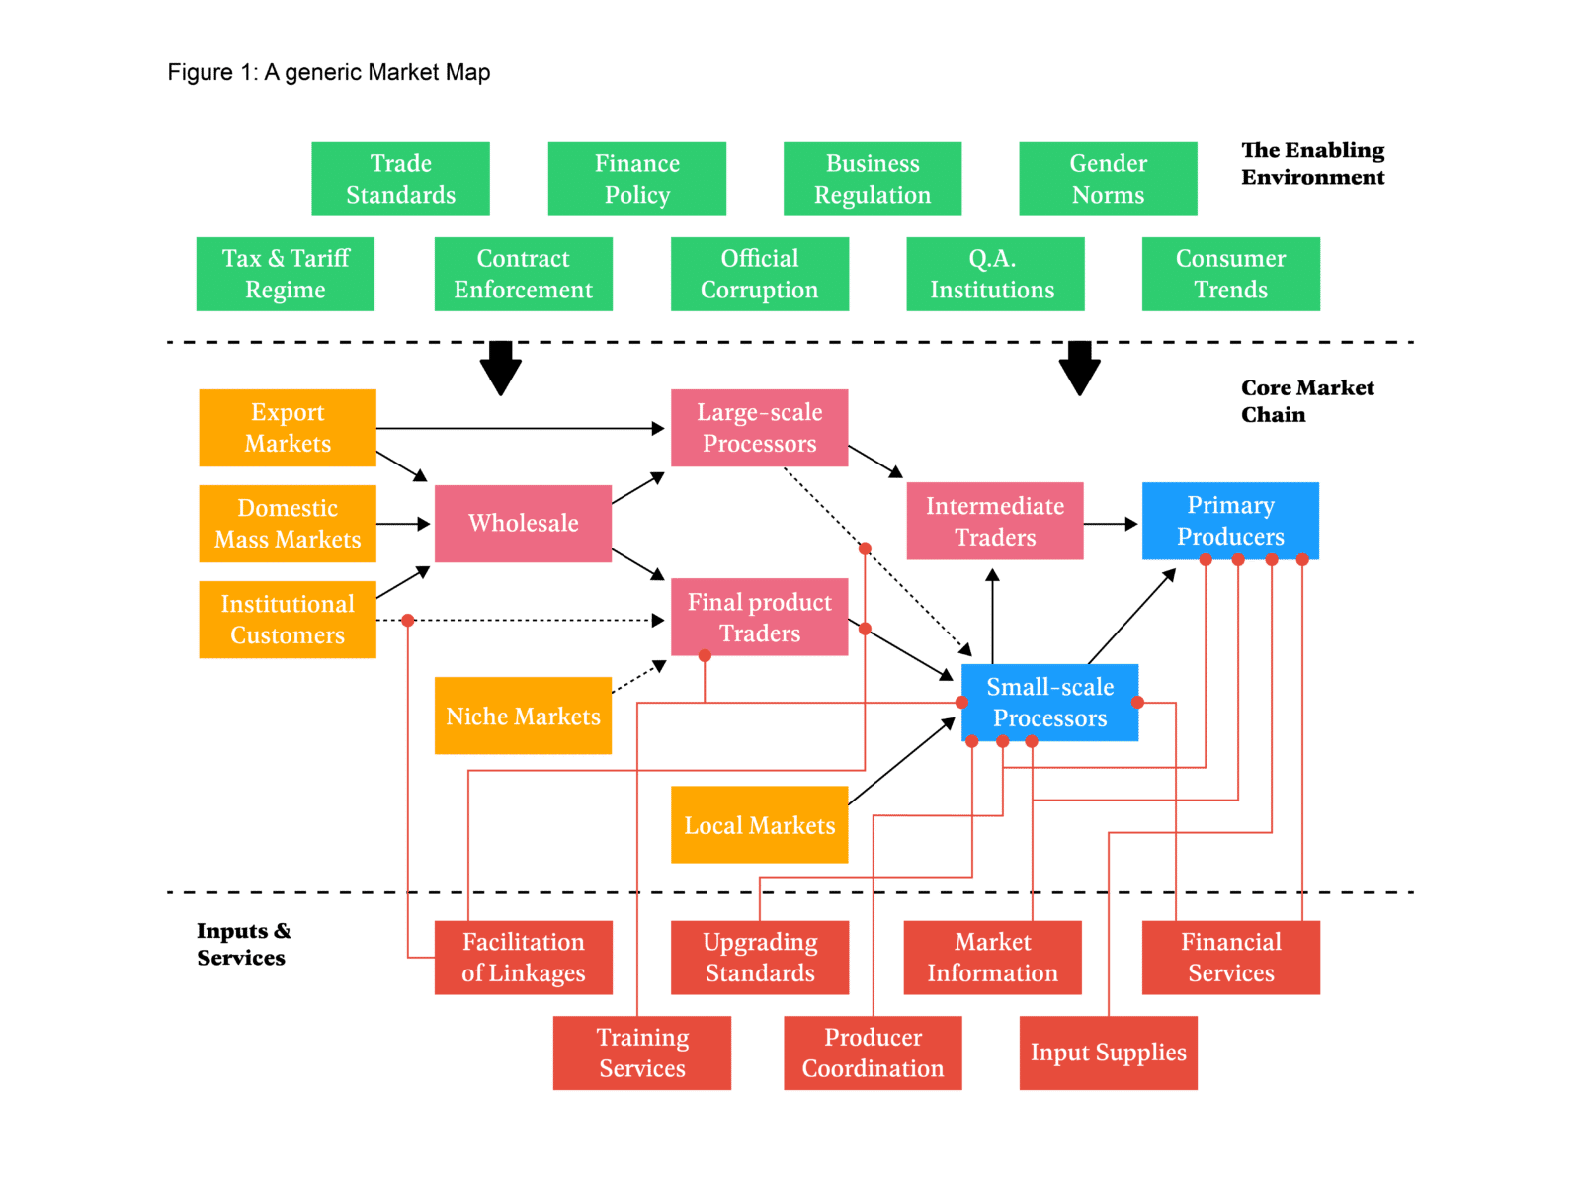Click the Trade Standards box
(x=400, y=179)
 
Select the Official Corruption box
(x=759, y=274)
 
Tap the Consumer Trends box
(x=1230, y=274)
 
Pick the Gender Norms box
(x=1108, y=179)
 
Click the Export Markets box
(x=287, y=428)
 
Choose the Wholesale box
(x=523, y=523)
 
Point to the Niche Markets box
(x=523, y=716)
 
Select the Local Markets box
(x=759, y=824)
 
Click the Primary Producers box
(x=1230, y=521)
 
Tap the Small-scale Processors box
(x=1049, y=703)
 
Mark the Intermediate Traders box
(x=994, y=521)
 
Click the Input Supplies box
(x=1108, y=1053)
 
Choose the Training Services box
(x=641, y=1053)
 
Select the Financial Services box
(x=1230, y=958)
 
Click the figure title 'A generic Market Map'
(x=329, y=72)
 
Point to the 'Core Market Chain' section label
(x=1306, y=400)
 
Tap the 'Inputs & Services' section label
(x=243, y=944)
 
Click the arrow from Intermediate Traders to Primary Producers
(x=1112, y=523)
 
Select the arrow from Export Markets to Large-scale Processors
(x=522, y=429)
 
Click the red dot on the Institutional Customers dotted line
(x=407, y=620)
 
